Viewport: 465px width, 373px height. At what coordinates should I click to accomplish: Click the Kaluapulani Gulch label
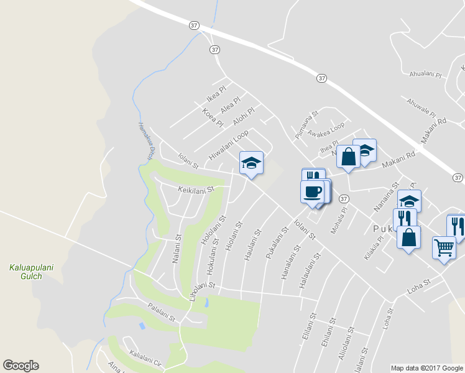[31, 272]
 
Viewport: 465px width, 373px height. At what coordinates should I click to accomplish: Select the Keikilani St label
[196, 189]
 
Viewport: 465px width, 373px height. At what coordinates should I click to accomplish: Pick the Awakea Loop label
[326, 129]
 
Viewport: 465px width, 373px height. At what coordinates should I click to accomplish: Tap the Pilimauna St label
[306, 121]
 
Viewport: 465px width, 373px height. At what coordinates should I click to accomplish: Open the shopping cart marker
[444, 247]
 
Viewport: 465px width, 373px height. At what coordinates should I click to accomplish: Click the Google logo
[21, 366]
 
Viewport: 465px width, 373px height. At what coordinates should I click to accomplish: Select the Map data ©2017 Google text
[426, 368]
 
